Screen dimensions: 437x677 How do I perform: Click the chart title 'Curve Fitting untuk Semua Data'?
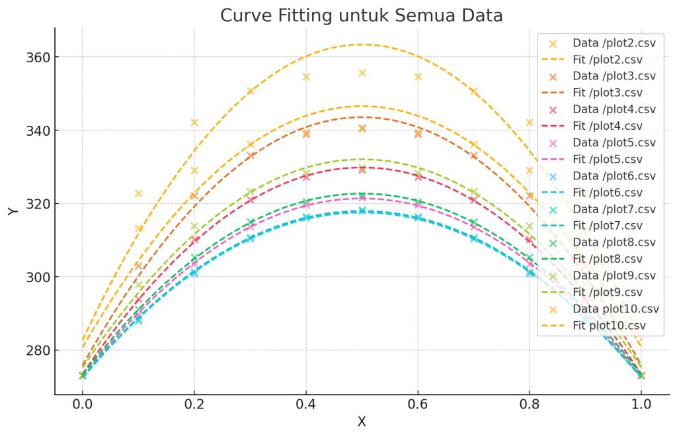[x=362, y=15]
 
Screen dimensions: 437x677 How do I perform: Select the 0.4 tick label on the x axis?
[x=305, y=402]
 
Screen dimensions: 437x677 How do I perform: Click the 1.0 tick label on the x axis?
[x=641, y=402]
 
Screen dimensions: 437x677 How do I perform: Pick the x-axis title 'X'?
[x=362, y=422]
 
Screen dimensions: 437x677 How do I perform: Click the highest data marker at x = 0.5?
[x=362, y=73]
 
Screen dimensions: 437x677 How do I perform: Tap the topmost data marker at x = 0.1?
[x=138, y=193]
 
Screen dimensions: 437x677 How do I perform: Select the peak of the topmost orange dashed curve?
[x=360, y=44]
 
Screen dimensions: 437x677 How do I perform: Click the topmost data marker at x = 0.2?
[x=194, y=122]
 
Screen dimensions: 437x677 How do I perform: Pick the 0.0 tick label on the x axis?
[x=82, y=402]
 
